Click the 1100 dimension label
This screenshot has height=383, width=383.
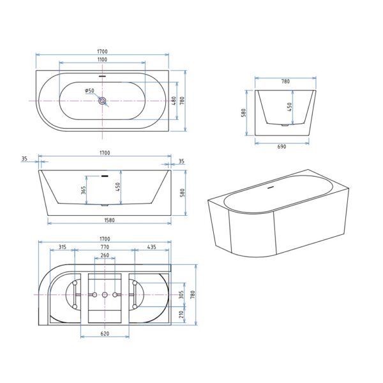coord(102,59)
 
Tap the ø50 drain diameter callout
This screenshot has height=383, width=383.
coord(89,91)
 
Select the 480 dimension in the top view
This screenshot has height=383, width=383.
coord(174,101)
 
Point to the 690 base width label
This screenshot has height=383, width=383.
coord(282,147)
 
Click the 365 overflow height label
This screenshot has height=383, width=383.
coord(83,190)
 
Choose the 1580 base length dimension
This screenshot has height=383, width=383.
coord(109,220)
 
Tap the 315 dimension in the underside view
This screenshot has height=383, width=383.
coord(63,247)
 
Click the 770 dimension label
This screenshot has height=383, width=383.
coord(105,247)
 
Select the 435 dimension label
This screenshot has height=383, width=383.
coord(152,247)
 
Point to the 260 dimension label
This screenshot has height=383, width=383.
coord(105,255)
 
